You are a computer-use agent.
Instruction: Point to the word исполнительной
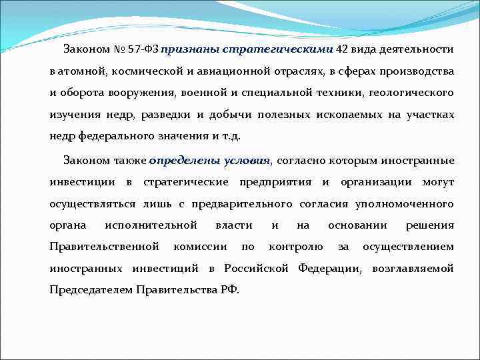151,225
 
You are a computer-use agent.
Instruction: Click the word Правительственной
104,247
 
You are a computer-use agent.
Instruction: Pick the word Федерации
329,269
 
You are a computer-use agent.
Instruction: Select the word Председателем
91,291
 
